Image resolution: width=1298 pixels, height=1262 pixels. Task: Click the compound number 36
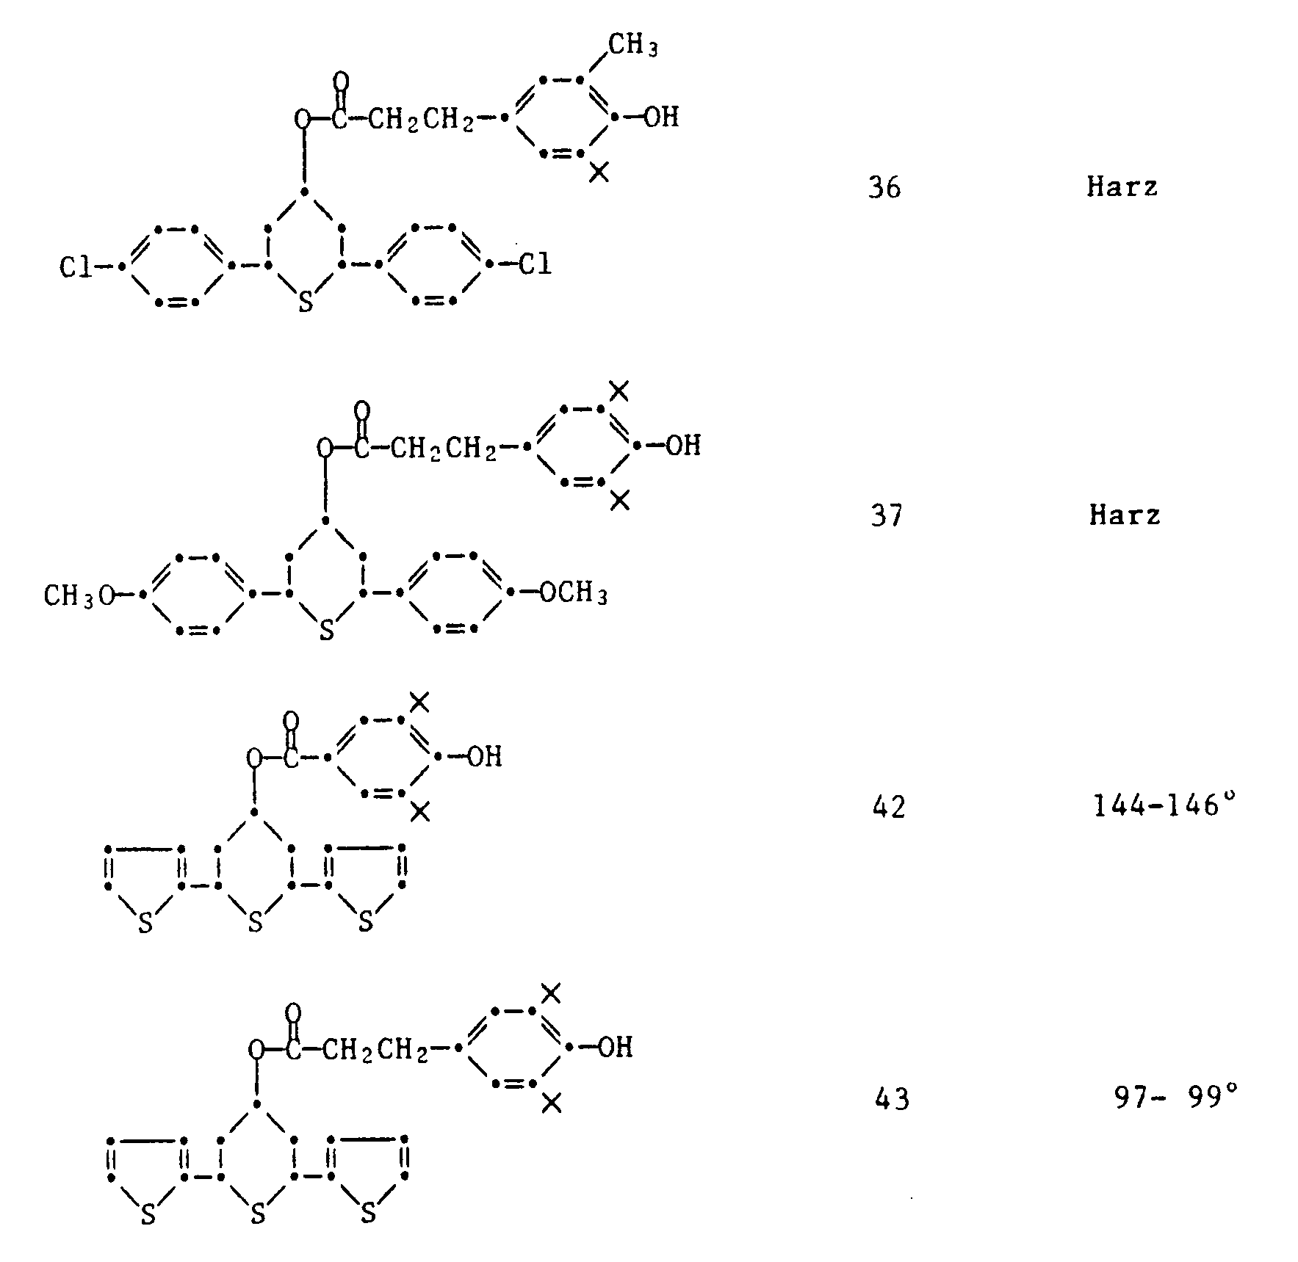tap(884, 188)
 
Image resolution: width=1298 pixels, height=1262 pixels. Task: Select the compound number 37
tap(886, 515)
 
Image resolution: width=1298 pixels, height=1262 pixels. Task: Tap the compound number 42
tap(889, 808)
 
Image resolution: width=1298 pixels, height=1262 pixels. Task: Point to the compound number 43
tap(893, 1099)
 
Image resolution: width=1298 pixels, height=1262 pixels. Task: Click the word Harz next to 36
tap(1122, 186)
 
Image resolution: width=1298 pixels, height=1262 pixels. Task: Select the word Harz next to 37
tap(1125, 515)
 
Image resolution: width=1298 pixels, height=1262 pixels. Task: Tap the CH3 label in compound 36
tap(632, 46)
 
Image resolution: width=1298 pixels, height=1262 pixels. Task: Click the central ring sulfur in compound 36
tap(306, 302)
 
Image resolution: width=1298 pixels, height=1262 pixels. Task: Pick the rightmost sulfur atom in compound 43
tap(368, 1214)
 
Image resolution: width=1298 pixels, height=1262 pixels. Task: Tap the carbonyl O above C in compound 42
tap(292, 720)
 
